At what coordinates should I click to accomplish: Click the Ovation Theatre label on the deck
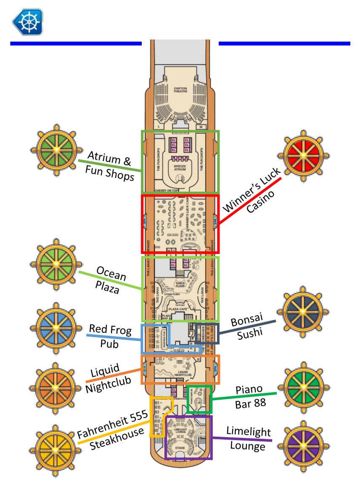[180, 90]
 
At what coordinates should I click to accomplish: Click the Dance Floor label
[180, 285]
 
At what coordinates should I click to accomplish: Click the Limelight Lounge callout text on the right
[248, 438]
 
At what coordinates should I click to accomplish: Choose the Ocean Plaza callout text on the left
[110, 280]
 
